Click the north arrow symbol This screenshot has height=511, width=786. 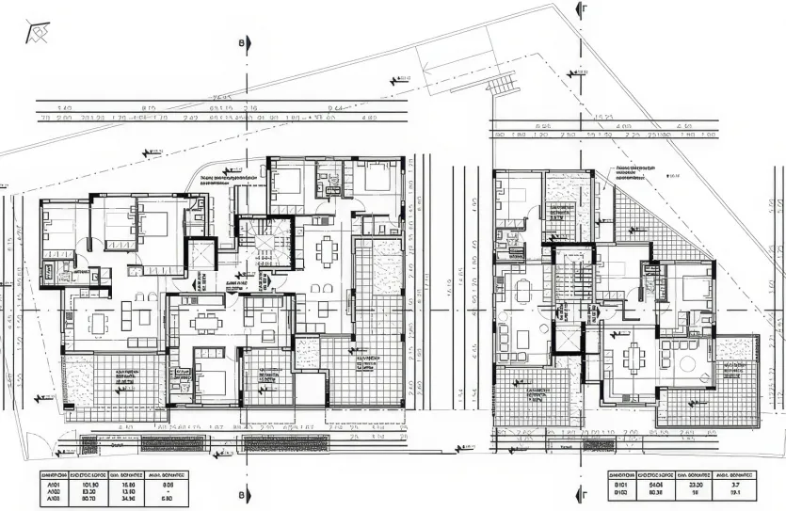click(39, 34)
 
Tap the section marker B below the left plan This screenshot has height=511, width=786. click(242, 495)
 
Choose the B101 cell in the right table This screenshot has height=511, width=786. click(621, 484)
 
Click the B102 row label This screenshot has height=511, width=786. click(621, 491)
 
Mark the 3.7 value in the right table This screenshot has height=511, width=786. click(735, 484)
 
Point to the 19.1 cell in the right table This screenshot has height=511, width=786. click(735, 491)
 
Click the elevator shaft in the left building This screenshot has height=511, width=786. click(201, 254)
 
